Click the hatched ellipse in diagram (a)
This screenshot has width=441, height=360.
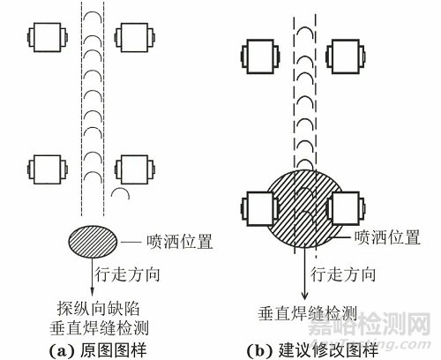pos(93,242)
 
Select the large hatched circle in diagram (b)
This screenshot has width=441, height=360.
pos(305,209)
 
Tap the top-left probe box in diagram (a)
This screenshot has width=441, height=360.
pos(48,37)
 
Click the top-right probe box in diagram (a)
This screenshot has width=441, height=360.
pos(135,37)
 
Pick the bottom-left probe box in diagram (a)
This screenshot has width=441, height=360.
pos(48,169)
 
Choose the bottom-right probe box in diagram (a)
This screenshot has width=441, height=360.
pos(135,169)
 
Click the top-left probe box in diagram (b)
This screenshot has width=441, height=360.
pos(260,56)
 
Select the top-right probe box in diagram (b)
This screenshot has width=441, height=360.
pos(346,56)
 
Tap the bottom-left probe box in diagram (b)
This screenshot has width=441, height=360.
pos(260,209)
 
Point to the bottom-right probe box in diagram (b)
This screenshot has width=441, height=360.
pos(346,209)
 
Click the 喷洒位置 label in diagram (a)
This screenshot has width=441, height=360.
pos(179,242)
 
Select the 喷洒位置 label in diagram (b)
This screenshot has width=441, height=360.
pos(387,237)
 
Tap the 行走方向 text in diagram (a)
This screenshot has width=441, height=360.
pos(127,274)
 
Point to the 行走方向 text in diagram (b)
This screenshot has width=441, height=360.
pos(343,274)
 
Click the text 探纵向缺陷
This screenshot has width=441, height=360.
pos(98,309)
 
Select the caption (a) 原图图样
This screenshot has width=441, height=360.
pos(97,350)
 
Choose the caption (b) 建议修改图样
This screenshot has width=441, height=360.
pos(312,350)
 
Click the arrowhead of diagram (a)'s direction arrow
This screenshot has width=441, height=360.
pos(92,292)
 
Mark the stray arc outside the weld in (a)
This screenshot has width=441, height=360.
pos(120,190)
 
